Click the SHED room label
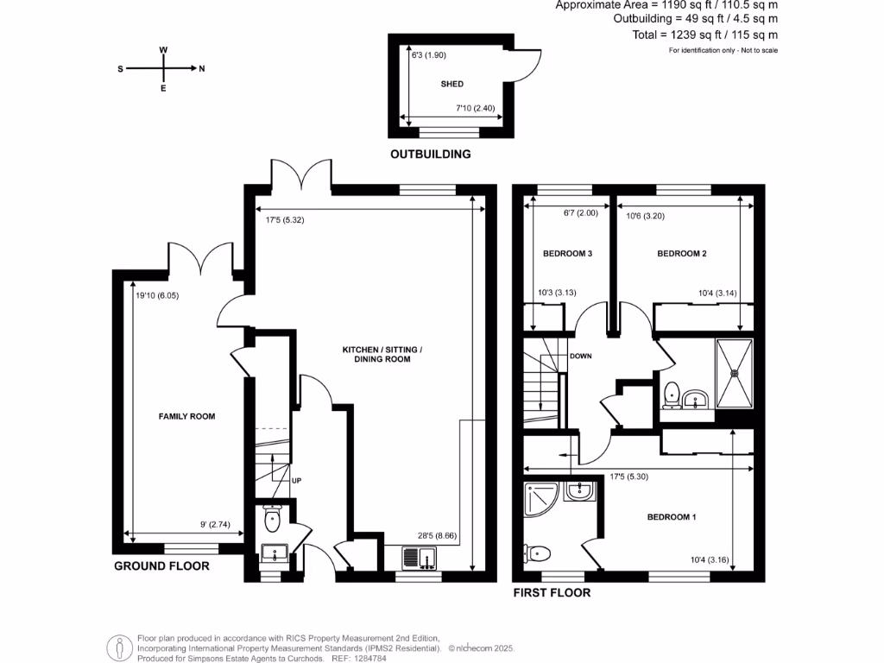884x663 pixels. click(x=451, y=84)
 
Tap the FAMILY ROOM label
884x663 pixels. click(x=186, y=416)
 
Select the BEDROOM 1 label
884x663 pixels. click(x=672, y=517)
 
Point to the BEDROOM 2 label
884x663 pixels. click(x=682, y=254)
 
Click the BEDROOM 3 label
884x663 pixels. click(x=567, y=254)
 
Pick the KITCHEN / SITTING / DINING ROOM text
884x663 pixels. click(x=382, y=354)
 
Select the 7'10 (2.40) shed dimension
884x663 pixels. click(x=476, y=109)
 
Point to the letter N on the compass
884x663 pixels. click(x=202, y=69)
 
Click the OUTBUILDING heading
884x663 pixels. click(x=431, y=155)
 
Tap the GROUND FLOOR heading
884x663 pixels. click(x=162, y=566)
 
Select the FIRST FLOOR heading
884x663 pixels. click(x=552, y=593)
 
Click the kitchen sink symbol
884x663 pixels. click(x=420, y=560)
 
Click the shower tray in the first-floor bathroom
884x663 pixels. click(x=735, y=372)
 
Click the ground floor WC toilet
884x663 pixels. click(x=272, y=519)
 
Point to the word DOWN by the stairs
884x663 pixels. click(x=581, y=356)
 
